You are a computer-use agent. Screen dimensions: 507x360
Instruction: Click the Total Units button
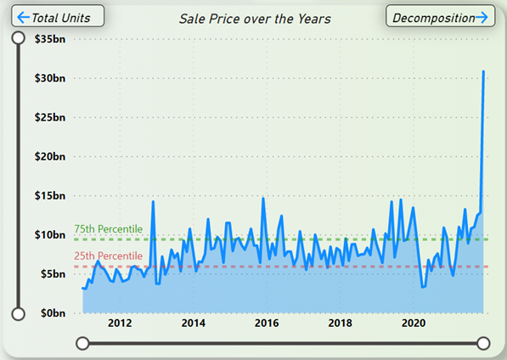[x=58, y=16]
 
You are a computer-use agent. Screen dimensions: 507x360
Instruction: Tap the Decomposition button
[x=440, y=16]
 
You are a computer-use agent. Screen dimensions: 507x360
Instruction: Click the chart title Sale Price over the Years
[x=255, y=19]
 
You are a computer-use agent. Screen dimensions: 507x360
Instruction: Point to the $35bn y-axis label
[x=50, y=39]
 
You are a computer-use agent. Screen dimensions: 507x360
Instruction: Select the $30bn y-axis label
[x=50, y=78]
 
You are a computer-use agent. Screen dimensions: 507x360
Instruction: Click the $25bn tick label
[x=50, y=117]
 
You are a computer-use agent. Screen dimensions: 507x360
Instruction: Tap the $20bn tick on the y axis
[x=50, y=156]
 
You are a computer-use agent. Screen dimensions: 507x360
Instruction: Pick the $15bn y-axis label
[x=50, y=196]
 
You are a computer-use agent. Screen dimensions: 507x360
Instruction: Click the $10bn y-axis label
[x=50, y=235]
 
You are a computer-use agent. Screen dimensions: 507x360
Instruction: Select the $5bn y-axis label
[x=53, y=274]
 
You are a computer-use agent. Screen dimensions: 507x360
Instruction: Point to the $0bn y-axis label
[x=53, y=313]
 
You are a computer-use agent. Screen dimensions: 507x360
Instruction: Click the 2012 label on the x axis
[x=120, y=323]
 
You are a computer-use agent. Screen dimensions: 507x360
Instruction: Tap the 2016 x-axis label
[x=267, y=323]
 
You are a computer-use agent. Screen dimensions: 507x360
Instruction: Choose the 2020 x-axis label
[x=414, y=323]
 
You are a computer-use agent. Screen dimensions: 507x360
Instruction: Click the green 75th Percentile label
[x=109, y=228]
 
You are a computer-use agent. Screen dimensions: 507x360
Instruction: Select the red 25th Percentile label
[x=109, y=256]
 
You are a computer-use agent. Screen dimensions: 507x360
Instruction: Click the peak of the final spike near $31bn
[x=483, y=71]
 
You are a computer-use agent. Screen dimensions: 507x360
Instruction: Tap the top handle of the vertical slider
[x=18, y=38]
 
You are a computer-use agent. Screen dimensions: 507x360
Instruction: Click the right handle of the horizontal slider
[x=483, y=343]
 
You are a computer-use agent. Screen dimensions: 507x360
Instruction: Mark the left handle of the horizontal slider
[x=82, y=343]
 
